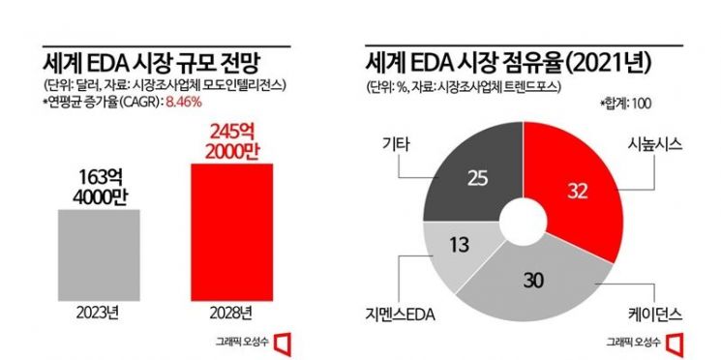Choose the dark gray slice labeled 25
[x=476, y=179]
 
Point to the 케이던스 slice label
[x=655, y=315]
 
